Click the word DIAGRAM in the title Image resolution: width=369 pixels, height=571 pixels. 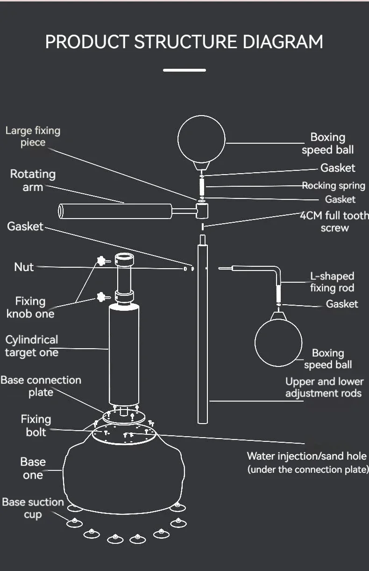point(283,42)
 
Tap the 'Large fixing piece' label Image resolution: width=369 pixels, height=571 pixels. point(33,136)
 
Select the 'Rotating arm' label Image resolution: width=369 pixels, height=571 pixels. point(33,181)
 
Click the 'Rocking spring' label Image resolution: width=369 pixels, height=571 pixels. point(334,185)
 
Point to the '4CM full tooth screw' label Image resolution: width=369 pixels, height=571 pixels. point(334,221)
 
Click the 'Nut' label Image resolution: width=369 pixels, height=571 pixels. point(24,267)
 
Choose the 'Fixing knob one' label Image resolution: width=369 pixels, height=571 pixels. point(30,307)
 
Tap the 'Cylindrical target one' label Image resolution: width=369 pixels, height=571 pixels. point(32,346)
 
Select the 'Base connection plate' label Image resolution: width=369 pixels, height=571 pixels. point(41,386)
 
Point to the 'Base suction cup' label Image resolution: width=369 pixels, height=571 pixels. point(33,508)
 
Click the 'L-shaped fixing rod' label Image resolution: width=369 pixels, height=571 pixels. point(332,282)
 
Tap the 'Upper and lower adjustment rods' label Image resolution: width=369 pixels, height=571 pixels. point(324,388)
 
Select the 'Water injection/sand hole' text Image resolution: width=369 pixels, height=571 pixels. point(307,456)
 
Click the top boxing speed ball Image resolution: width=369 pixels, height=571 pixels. point(202,139)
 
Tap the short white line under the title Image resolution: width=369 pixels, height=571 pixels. point(184,70)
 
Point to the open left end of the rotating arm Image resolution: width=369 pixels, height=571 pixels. point(61,211)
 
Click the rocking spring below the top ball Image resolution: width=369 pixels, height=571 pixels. point(202,187)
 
